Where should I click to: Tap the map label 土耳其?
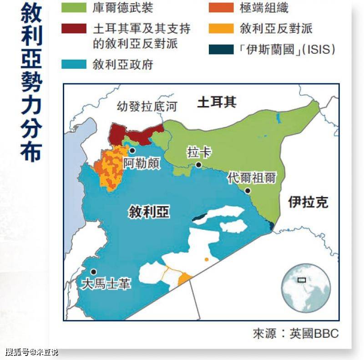[217, 102]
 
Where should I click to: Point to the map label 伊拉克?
[308, 203]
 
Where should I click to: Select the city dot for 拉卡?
[198, 165]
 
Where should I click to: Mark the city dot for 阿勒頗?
[132, 150]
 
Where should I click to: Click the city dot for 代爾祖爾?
[248, 191]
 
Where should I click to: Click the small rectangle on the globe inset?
[301, 280]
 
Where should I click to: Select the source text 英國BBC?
[314, 333]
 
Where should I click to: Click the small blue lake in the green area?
[278, 118]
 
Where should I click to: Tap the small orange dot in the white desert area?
[207, 259]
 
